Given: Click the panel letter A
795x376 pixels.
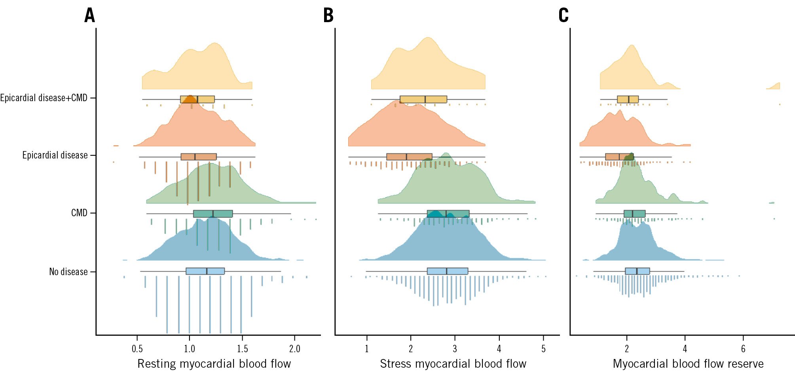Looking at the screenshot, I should point(90,15).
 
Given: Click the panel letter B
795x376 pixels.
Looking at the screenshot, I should point(328,15).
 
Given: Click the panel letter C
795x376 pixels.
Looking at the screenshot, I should point(564,15).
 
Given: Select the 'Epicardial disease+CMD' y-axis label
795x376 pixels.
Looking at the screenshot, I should point(44,98).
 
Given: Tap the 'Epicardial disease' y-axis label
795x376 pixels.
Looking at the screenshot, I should point(55,155).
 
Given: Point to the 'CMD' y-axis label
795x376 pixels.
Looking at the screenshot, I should point(79,213).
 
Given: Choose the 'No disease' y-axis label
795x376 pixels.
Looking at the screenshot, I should point(68,272).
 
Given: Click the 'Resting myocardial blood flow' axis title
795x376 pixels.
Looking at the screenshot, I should point(214,364).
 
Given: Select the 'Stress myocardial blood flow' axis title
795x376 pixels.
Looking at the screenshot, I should point(453,364).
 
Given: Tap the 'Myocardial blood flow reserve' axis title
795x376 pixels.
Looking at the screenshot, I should point(688,364).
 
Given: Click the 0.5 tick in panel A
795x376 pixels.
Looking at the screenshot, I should point(137,349).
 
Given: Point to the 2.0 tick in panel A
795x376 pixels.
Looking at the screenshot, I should point(295,349).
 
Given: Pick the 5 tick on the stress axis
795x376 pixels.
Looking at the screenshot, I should point(543,349).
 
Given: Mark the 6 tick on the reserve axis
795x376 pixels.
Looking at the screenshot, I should point(743,349).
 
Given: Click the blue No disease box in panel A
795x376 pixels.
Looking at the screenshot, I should point(205,271).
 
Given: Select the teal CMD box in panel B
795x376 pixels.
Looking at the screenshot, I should point(448,214).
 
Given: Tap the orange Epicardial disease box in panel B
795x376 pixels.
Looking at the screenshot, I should point(409,157).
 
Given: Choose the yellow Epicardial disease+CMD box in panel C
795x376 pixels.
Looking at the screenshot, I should point(628,99).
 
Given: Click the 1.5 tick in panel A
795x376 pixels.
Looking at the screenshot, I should point(242,349).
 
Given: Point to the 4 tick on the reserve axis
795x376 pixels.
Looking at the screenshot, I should point(685,349).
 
